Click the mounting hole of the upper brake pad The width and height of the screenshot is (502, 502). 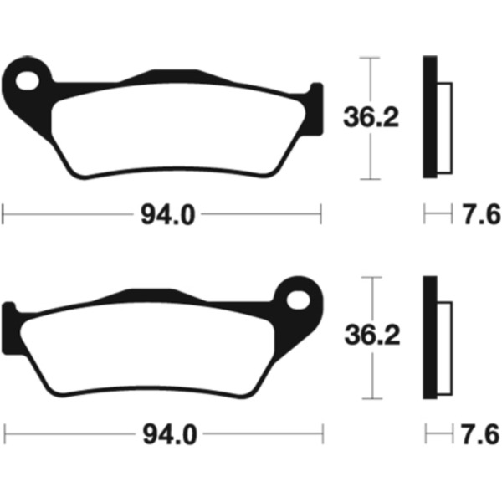[28, 80]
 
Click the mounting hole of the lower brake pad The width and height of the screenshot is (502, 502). [299, 300]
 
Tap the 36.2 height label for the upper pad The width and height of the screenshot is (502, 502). [371, 117]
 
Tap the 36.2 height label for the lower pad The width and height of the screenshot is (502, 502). [372, 336]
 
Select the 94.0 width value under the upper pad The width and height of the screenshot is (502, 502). [168, 214]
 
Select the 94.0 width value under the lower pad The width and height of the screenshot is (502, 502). [170, 434]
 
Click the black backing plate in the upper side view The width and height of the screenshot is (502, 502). [430, 117]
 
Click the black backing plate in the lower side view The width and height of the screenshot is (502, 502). [430, 337]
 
